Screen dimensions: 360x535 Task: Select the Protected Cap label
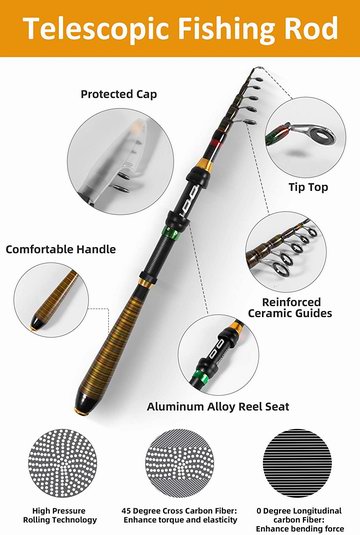tap(119, 94)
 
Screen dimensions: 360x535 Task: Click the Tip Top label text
tap(308, 187)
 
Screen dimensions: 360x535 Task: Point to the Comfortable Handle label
tap(61, 249)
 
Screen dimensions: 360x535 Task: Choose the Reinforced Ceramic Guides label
tap(290, 307)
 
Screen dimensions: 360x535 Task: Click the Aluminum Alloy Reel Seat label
tap(218, 406)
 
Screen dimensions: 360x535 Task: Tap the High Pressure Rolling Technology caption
tap(60, 515)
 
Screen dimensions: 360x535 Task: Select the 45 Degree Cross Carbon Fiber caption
tap(180, 515)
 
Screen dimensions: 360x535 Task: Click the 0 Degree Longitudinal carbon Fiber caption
tap(300, 520)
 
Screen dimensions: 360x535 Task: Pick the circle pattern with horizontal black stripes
tap(298, 463)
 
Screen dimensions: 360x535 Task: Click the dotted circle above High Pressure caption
tap(62, 463)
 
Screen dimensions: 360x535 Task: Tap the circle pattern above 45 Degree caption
tap(180, 463)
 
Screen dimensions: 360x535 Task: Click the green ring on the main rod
tap(170, 233)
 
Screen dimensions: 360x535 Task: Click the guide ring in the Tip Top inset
tap(322, 135)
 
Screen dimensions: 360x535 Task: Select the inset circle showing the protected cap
tap(120, 161)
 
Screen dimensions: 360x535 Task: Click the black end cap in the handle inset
tap(37, 322)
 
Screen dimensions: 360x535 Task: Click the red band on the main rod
tap(217, 142)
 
